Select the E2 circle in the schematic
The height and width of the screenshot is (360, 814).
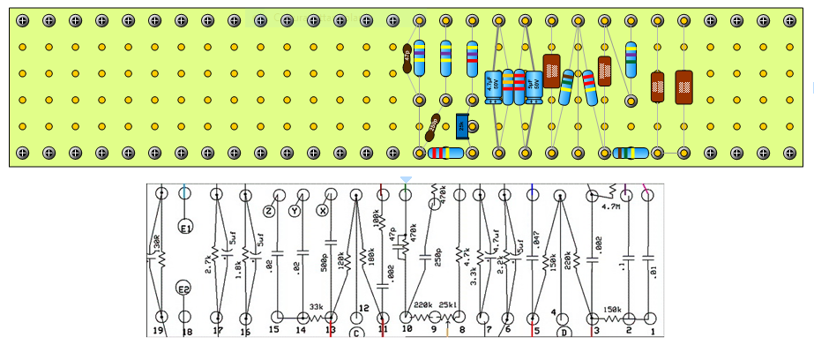coord(184,289)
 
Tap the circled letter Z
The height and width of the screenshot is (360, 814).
coord(270,212)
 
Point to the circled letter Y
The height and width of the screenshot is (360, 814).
coord(295,212)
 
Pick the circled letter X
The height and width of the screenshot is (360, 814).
coord(323,212)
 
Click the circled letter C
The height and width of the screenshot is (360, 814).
coord(356,334)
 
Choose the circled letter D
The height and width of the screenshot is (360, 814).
coord(564,334)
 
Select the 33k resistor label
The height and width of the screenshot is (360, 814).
coord(317,307)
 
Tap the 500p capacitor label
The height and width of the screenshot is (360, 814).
coord(324,262)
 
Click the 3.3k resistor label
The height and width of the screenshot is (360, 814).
coord(474,277)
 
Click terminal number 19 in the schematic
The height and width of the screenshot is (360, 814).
coord(160,332)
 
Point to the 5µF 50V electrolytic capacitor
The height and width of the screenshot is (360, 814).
coord(534,86)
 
